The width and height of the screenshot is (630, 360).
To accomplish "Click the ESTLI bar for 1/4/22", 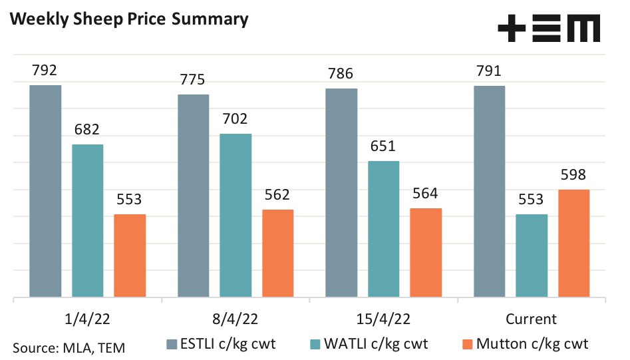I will point(45,191).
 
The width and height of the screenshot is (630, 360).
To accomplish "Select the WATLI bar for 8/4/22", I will point(236,215).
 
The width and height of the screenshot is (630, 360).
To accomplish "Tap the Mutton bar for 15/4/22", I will point(426,252).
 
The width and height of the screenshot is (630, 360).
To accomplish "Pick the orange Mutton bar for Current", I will point(573,243).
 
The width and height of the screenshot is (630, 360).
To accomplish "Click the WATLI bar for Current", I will point(532,256).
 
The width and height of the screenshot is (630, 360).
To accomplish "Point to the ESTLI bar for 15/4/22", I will point(341,192).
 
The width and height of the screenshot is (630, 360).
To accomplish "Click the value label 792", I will point(45,70).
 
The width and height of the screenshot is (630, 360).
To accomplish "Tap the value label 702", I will point(235,119).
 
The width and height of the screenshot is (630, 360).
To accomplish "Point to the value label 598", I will point(573,175).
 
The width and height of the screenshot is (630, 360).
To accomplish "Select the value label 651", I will point(383,146).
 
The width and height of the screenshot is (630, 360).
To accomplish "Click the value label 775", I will point(193,79).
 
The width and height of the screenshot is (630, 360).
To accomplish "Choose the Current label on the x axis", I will point(532,319).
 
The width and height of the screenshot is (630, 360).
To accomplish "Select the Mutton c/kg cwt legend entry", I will point(525,344).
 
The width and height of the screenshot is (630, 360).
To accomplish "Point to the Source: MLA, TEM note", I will point(69,347).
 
